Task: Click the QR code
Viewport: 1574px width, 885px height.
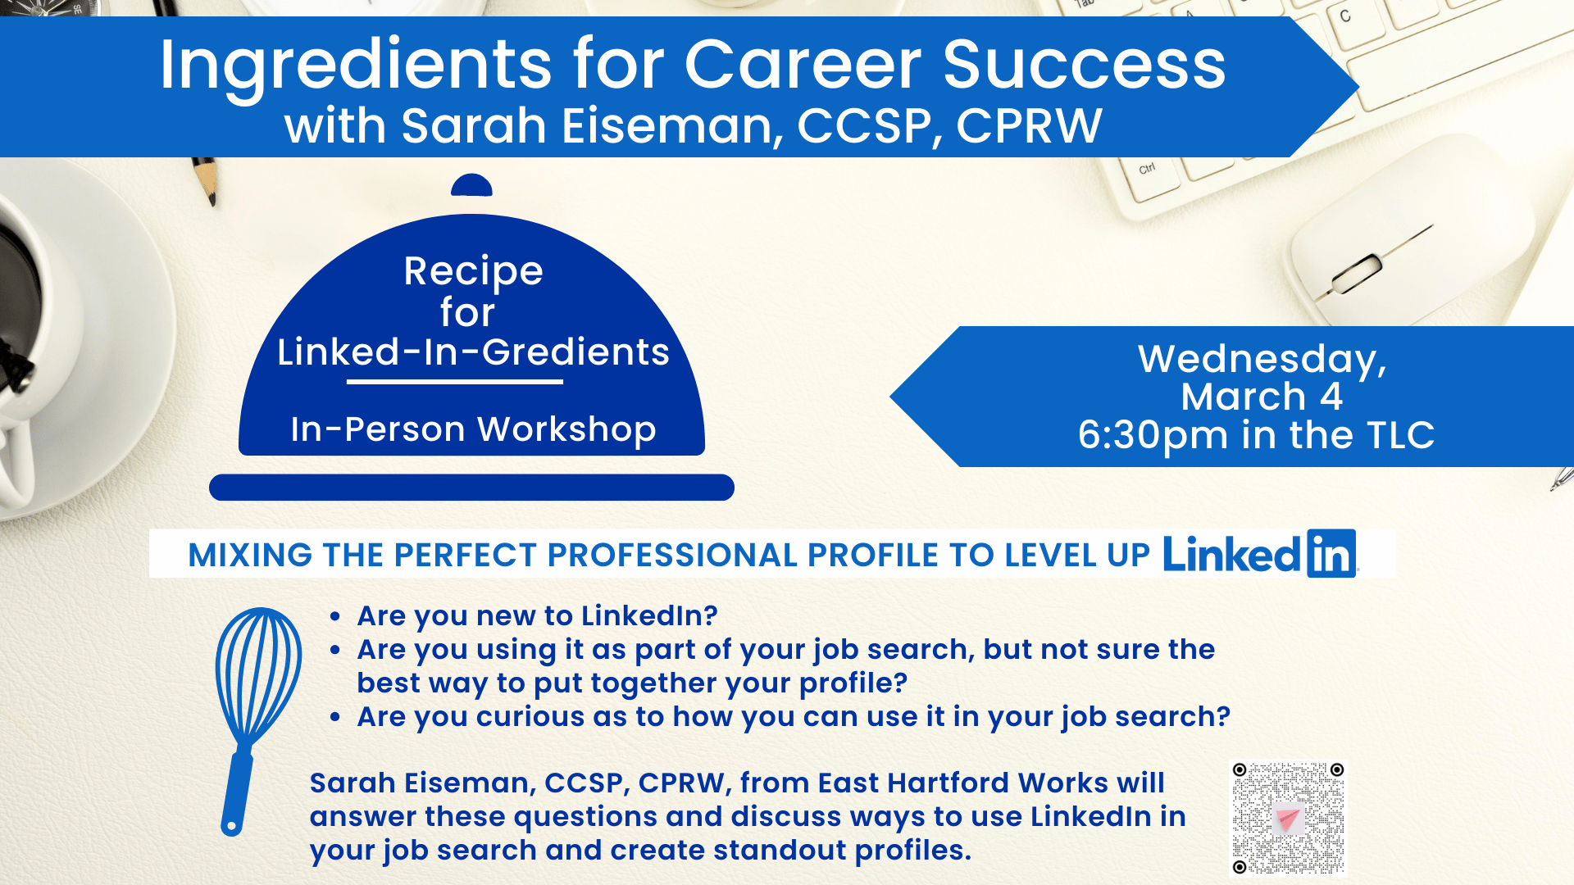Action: coord(1288,819)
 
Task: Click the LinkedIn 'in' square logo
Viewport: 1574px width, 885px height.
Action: coord(1331,554)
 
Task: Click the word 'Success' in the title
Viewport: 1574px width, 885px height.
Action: coord(1084,66)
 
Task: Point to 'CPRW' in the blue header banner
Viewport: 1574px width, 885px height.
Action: coord(1029,126)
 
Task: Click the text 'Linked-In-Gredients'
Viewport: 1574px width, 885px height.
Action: coord(473,352)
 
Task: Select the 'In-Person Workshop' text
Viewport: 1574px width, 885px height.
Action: coord(473,430)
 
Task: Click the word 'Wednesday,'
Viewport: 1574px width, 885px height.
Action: coord(1262,360)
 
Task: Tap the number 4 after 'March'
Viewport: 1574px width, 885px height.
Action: coord(1331,397)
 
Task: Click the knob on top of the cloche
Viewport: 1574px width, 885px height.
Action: coord(471,185)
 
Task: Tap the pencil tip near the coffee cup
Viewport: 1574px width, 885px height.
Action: coord(211,197)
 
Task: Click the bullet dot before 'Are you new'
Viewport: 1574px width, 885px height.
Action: coord(334,616)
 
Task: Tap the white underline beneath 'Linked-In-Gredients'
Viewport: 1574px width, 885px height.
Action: coord(455,382)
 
